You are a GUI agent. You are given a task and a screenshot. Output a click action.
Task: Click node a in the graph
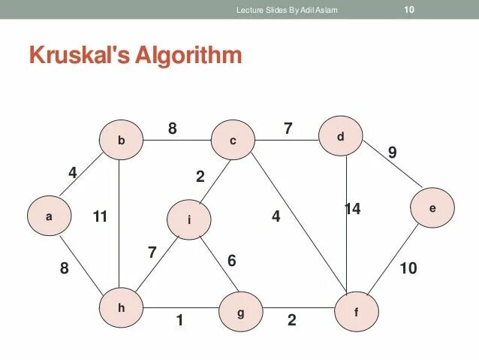pyautogui.click(x=50, y=216)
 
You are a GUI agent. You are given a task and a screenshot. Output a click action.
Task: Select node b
pyautogui.click(x=121, y=141)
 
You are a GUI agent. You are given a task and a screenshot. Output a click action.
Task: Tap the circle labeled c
pyautogui.click(x=233, y=141)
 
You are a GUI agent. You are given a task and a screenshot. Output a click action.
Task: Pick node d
pyautogui.click(x=340, y=137)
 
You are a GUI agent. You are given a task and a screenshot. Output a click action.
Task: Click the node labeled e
pyautogui.click(x=432, y=207)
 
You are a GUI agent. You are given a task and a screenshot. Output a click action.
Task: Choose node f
pyautogui.click(x=357, y=310)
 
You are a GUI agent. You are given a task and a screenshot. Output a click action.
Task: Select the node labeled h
pyautogui.click(x=122, y=307)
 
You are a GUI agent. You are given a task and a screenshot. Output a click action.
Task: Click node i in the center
pyautogui.click(x=189, y=219)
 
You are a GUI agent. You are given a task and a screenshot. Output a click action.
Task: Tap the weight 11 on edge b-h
pyautogui.click(x=101, y=217)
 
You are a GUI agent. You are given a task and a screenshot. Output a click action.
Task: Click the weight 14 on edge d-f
pyautogui.click(x=352, y=209)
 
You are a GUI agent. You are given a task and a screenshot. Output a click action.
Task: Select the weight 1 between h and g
pyautogui.click(x=179, y=320)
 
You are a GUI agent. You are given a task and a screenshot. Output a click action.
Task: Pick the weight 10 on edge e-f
pyautogui.click(x=408, y=268)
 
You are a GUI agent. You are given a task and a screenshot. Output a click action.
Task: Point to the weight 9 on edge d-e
pyautogui.click(x=392, y=153)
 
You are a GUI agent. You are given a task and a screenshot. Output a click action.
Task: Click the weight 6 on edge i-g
pyautogui.click(x=231, y=260)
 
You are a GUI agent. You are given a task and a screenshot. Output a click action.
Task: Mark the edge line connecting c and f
pyautogui.click(x=300, y=222)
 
